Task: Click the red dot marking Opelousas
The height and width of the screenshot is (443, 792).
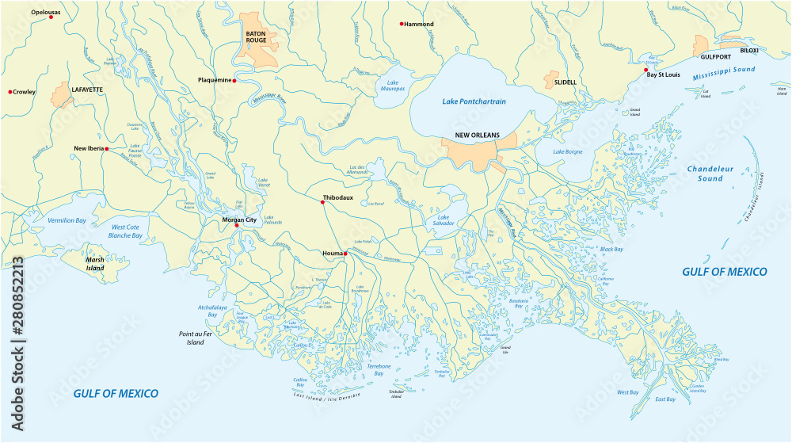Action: [51, 17]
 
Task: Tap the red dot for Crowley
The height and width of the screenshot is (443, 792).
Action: [10, 92]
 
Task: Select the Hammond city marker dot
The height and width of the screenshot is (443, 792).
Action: [402, 24]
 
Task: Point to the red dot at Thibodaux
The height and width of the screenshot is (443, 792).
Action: [322, 203]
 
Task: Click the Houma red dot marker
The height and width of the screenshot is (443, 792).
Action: [345, 254]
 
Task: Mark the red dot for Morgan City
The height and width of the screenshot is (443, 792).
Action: [236, 226]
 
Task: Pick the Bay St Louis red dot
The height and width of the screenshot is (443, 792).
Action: [646, 69]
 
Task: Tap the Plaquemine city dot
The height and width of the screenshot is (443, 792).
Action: [234, 80]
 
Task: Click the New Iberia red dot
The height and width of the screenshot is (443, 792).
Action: [107, 148]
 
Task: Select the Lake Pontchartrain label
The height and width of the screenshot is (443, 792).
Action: [474, 101]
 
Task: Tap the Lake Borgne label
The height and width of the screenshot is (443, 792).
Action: [568, 151]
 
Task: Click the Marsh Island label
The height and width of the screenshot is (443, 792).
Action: [95, 264]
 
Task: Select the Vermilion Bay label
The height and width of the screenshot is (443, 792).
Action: [67, 220]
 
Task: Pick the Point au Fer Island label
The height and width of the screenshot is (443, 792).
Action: [196, 338]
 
